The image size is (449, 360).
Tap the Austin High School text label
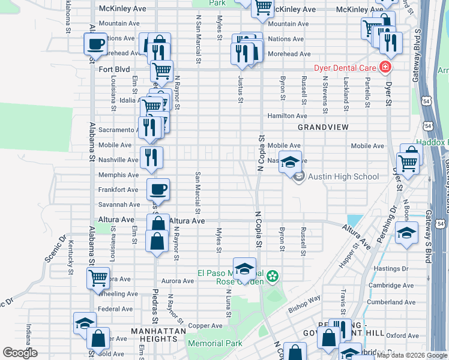click(343, 176)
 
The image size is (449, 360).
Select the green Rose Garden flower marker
click(273, 277)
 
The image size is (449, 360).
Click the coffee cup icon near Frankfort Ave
click(158, 190)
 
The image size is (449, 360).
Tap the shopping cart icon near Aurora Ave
click(98, 278)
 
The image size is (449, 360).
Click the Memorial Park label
click(215, 343)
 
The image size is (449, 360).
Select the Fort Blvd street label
click(114, 70)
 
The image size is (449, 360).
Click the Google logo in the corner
click(20, 353)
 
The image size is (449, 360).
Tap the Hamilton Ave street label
click(287, 116)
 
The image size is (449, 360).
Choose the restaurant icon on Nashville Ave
click(151, 157)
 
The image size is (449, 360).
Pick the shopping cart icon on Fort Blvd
click(161, 71)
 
